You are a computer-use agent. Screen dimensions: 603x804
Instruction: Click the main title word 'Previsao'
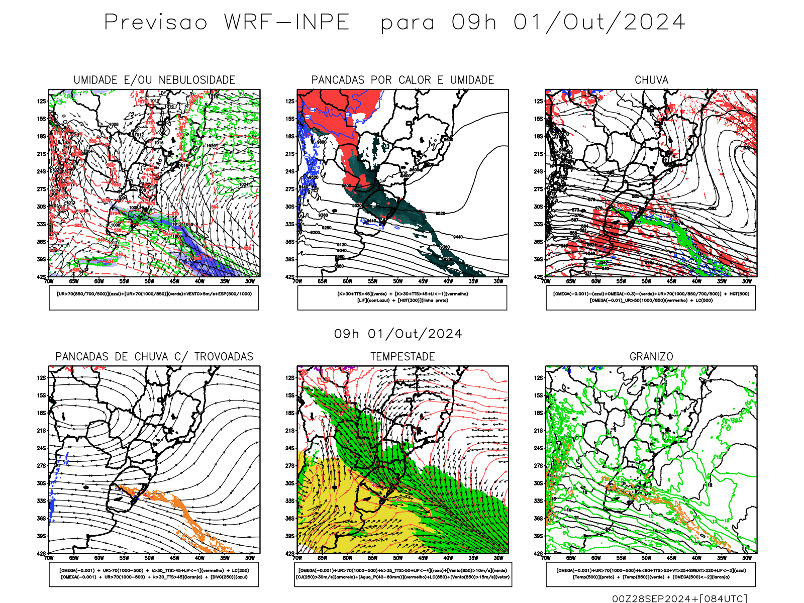[x=156, y=22]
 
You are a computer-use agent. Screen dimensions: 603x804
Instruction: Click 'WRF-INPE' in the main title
[x=286, y=22]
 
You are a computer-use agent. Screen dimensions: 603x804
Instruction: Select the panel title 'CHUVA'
[x=651, y=80]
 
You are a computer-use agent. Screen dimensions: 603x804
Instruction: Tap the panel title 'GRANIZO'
[x=651, y=357]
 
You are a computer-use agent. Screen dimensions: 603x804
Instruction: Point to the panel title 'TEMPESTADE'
[x=403, y=357]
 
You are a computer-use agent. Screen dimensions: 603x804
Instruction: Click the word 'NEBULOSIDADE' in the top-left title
[x=197, y=80]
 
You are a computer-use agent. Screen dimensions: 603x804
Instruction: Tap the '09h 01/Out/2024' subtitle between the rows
[x=398, y=334]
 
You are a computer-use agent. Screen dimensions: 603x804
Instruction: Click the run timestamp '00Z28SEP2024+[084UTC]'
[x=679, y=598]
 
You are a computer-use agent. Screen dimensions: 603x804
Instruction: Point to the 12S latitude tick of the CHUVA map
[x=539, y=101]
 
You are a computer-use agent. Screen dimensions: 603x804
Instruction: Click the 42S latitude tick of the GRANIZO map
[x=539, y=554]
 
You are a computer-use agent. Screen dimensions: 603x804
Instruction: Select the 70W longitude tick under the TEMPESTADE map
[x=297, y=558]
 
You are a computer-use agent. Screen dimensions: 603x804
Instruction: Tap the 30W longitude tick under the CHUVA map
[x=747, y=281]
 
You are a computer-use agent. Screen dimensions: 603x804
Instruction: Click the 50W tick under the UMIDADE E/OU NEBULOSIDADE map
[x=149, y=281]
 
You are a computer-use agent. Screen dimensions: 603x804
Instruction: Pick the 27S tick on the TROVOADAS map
[x=42, y=466]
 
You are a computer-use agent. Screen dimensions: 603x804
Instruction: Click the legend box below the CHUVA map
[x=651, y=297]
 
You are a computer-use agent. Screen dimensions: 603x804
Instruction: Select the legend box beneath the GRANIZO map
[x=651, y=574]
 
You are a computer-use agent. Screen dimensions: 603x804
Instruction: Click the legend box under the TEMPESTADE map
[x=403, y=574]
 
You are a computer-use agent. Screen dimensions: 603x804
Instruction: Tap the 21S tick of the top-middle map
[x=290, y=154]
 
